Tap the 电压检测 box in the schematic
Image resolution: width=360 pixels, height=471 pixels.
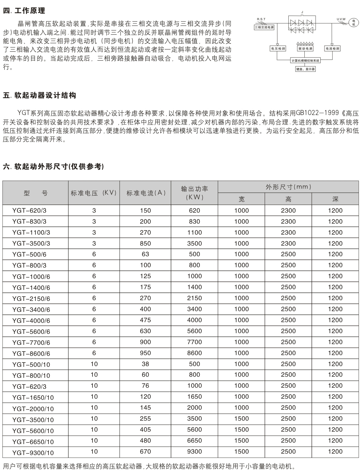[278, 48]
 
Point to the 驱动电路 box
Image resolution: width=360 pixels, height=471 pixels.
[305, 48]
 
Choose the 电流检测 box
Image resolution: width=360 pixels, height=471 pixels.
[332, 48]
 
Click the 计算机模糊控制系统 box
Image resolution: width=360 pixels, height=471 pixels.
[305, 61]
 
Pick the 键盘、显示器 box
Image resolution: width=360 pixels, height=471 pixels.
[305, 69]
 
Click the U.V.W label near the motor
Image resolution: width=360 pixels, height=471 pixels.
[341, 19]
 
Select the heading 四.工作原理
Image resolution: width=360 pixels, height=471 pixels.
[24, 11]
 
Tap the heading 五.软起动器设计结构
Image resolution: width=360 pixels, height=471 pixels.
[39, 96]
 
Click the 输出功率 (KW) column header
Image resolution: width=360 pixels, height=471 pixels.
[194, 192]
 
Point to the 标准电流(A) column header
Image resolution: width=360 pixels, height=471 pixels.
[146, 193]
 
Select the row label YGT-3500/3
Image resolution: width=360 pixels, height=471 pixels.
[31, 243]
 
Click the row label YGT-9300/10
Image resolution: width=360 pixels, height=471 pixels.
[33, 453]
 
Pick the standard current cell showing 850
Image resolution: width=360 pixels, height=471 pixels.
[145, 243]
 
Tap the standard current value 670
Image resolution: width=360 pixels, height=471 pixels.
[145, 452]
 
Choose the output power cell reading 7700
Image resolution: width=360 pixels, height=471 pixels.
[194, 342]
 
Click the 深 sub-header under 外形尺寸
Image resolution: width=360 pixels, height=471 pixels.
[335, 199]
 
